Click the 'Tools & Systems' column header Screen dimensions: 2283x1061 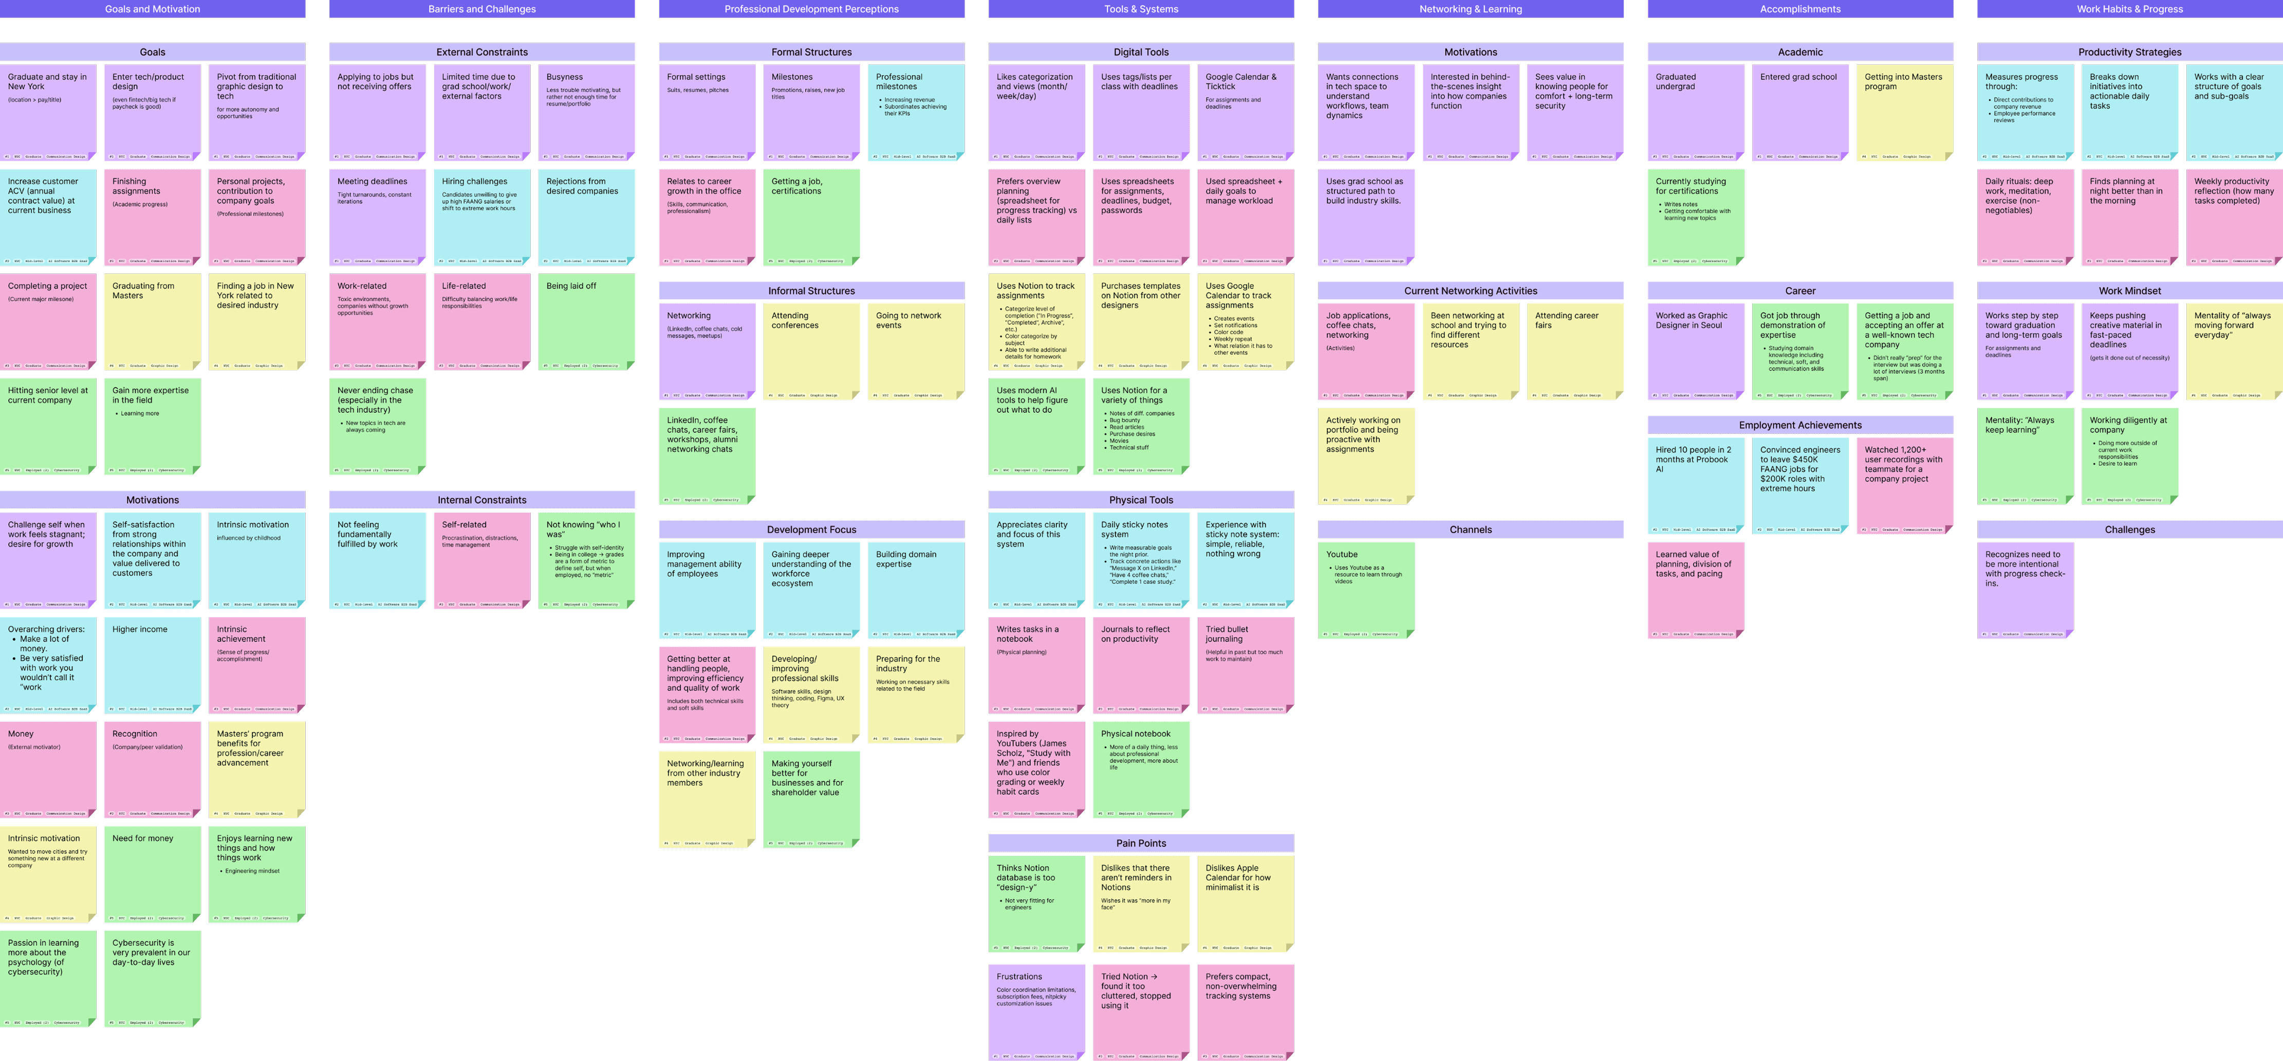[1141, 9]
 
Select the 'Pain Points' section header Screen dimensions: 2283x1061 [1141, 843]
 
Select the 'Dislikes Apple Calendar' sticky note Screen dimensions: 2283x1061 [1245, 902]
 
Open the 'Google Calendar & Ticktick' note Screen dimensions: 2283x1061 [1245, 112]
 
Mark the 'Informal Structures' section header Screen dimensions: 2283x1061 [811, 291]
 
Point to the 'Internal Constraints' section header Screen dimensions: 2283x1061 [482, 500]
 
